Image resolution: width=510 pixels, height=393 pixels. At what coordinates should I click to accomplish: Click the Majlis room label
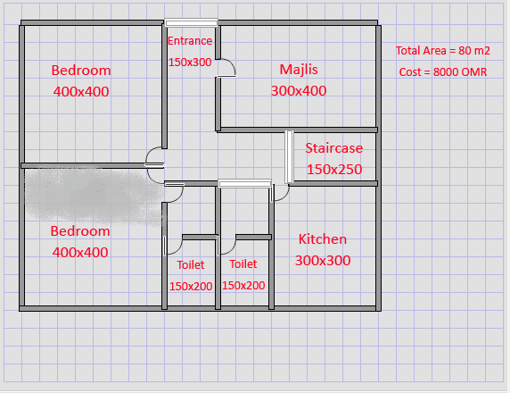tap(299, 70)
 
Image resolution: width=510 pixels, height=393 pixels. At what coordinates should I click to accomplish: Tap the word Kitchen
tap(323, 239)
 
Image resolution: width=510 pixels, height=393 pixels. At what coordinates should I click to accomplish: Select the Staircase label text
tap(334, 148)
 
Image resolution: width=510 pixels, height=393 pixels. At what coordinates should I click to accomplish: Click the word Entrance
tap(190, 41)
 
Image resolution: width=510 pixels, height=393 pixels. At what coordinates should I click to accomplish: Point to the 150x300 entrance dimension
tap(190, 62)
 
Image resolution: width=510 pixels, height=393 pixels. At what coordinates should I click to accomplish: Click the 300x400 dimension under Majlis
tap(299, 90)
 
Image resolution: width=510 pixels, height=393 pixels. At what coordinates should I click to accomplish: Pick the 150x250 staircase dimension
tap(334, 169)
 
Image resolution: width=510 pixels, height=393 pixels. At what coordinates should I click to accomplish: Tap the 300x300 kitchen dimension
tap(323, 261)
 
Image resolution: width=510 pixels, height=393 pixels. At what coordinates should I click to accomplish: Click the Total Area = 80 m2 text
tap(442, 51)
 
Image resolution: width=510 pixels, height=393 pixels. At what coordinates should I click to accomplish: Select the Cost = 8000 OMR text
tap(442, 71)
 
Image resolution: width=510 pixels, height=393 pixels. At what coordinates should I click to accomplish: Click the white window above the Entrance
tap(191, 22)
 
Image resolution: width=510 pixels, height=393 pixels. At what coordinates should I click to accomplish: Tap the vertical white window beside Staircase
tap(289, 156)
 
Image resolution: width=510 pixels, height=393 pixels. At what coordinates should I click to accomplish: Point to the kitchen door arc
tap(284, 196)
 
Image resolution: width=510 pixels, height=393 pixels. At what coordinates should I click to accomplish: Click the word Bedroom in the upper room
tap(81, 71)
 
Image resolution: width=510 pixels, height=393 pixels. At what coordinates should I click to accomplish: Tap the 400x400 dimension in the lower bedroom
tap(80, 252)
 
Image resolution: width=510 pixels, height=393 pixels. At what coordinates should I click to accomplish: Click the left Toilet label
tap(191, 264)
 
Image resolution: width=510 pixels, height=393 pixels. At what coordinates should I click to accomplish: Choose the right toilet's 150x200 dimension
tap(243, 285)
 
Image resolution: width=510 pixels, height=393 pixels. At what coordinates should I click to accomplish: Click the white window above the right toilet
tap(245, 184)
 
